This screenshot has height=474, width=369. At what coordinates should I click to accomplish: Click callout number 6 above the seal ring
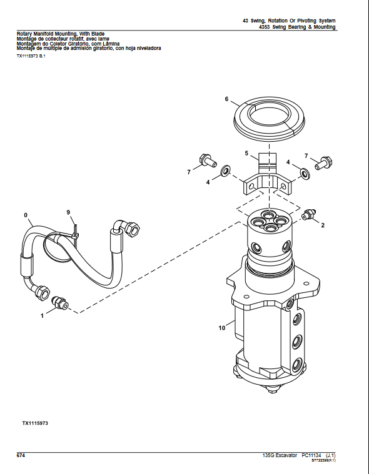coord(227,99)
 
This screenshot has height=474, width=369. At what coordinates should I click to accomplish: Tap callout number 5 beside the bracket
coord(246,153)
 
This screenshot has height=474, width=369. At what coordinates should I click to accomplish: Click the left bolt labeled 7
coord(206,161)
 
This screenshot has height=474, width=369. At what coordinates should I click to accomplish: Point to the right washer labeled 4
coord(304,172)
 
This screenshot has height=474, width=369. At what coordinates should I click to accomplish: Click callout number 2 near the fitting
coord(323,225)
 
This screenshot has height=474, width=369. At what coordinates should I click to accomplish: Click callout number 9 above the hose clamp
coord(69,213)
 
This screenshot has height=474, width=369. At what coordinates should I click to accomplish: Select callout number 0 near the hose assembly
coord(26,215)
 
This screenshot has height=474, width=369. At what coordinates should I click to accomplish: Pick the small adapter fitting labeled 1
coord(61,303)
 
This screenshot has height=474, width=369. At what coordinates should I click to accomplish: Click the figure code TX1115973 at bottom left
coord(35,423)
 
